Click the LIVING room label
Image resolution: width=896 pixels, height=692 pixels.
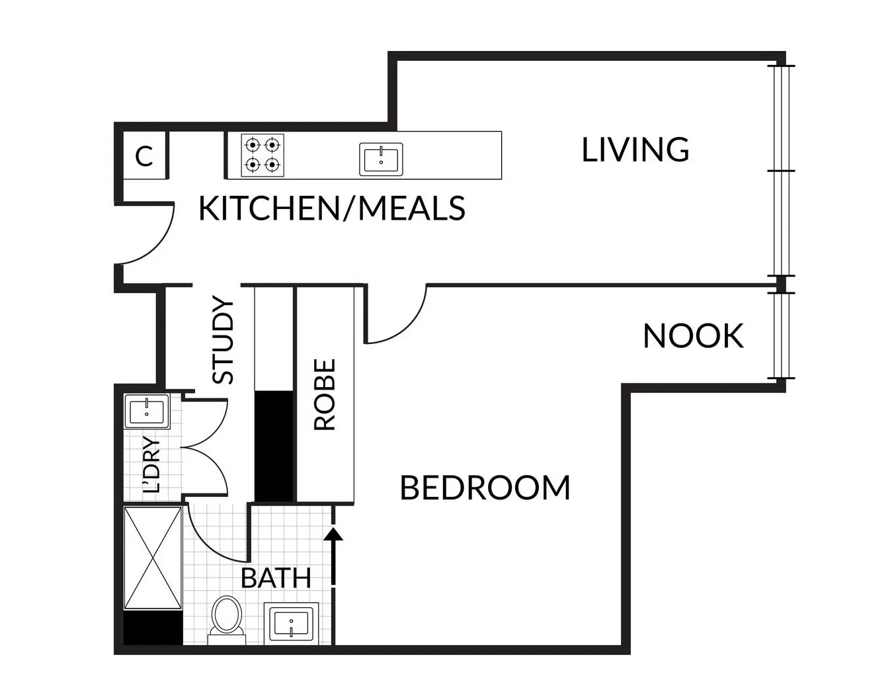point(635,150)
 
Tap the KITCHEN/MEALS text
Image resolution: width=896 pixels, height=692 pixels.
point(331,208)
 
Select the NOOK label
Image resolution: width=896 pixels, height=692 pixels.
point(692,336)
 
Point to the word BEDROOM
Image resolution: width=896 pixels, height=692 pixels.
point(485,488)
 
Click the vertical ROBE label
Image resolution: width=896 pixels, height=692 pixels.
point(325,394)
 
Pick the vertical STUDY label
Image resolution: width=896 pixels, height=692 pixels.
point(223,341)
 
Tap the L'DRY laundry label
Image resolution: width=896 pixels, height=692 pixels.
point(152,465)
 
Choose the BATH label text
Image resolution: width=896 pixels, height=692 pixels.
point(276,578)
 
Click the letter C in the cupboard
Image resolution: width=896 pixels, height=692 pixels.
point(144,157)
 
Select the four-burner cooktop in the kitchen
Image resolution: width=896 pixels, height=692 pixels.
point(262,155)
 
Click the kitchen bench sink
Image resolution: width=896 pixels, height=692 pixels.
point(381,159)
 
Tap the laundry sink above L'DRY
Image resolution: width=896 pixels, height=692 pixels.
point(147,411)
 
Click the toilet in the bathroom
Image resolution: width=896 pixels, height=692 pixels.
point(227,619)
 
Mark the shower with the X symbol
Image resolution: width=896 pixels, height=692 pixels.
point(153,558)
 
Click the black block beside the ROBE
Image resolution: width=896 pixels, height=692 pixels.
point(274,445)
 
